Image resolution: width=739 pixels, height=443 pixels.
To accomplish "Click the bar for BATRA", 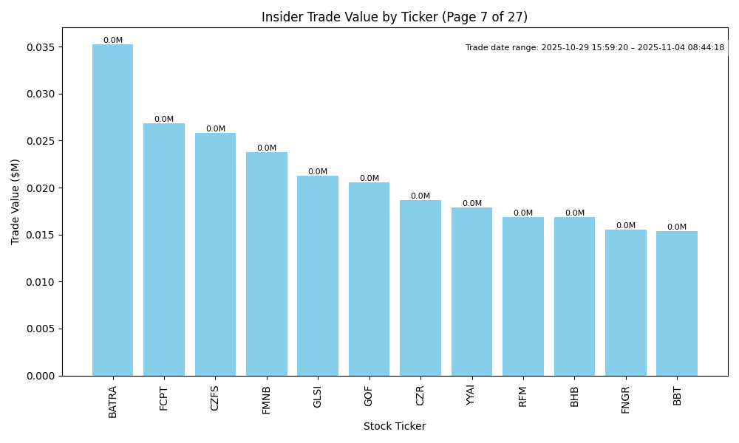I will click(x=112, y=210).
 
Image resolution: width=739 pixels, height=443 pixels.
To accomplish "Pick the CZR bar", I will click(x=420, y=288).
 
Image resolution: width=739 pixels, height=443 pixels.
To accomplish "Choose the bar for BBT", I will click(x=677, y=303).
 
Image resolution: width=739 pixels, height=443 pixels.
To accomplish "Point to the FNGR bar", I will click(x=626, y=303).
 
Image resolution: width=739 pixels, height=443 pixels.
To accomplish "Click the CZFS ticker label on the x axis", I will click(x=215, y=396).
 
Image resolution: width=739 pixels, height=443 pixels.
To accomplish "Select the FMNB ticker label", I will click(x=267, y=399).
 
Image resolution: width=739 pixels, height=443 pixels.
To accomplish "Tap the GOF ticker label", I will click(x=369, y=395).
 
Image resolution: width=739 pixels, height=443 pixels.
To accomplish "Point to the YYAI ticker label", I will click(x=471, y=396).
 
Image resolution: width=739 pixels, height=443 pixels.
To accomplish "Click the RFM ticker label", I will click(x=523, y=396).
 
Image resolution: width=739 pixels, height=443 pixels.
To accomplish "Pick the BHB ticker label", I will click(x=574, y=396).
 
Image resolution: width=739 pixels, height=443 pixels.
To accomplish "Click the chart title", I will click(x=395, y=17).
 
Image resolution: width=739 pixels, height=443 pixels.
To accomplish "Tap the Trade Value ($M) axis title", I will click(x=16, y=202).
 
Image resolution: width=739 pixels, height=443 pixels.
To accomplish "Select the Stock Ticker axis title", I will click(x=395, y=427).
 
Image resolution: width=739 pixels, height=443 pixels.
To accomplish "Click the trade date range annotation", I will click(x=595, y=48).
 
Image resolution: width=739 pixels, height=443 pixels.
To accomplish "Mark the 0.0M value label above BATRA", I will click(x=113, y=41).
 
